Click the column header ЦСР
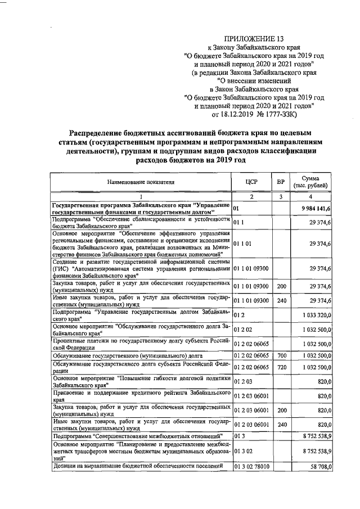click(251, 182)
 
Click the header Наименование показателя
click(141, 182)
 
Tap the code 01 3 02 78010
click(251, 466)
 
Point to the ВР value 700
click(282, 355)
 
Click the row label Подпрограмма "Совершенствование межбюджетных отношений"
click(138, 436)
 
